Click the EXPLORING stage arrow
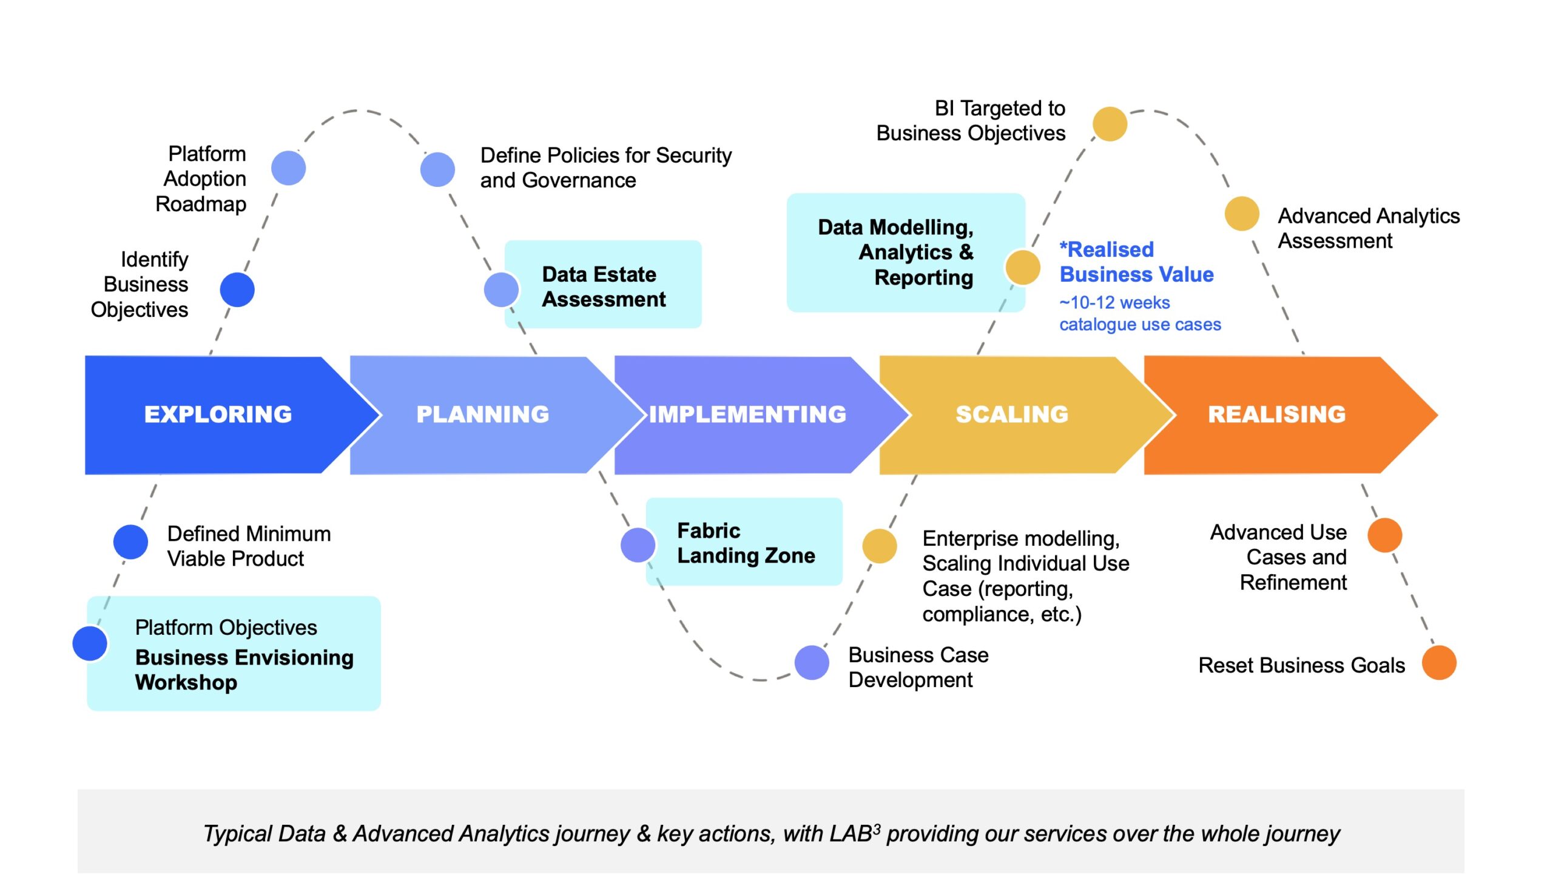coord(218,415)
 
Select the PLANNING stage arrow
coord(483,415)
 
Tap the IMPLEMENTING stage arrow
coord(747,415)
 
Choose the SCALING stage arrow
coord(1012,415)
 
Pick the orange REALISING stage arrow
coord(1277,415)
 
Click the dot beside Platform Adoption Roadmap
coord(288,168)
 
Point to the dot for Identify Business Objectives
coord(237,290)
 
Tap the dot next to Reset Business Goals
coord(1439,663)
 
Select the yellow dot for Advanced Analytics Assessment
coord(1242,214)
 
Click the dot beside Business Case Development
coord(812,663)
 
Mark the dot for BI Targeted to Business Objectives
coord(1110,124)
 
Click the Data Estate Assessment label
coord(603,286)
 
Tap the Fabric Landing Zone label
coord(746,543)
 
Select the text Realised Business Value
coord(1136,262)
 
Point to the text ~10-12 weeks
coord(1114,302)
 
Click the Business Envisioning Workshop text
coord(244,669)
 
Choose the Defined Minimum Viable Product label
coord(249,546)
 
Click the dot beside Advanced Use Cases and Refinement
coord(1385,535)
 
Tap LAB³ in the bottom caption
coord(855,834)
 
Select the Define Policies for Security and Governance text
coord(605,168)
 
